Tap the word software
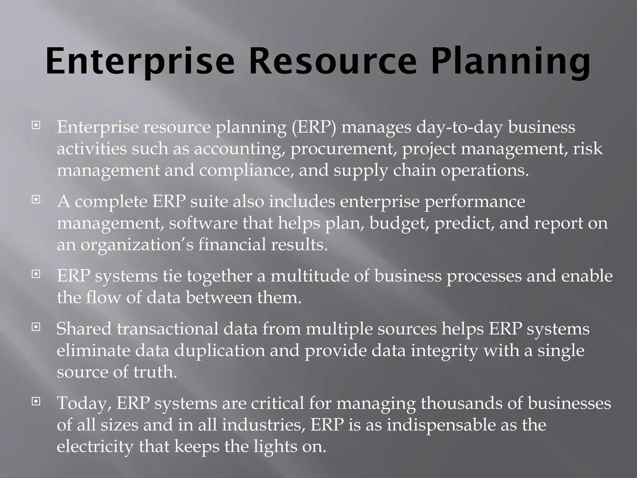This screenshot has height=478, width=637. point(203,223)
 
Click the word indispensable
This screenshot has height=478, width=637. point(441,425)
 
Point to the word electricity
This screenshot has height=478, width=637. point(95,447)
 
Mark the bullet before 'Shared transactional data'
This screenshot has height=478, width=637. point(36,327)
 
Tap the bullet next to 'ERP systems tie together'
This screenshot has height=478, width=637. point(36,274)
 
